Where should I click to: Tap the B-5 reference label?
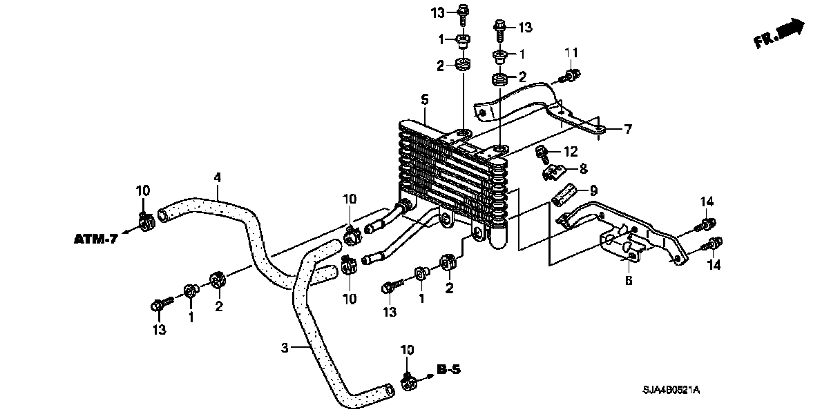click(x=448, y=371)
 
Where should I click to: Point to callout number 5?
click(x=425, y=100)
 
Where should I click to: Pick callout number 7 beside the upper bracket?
click(x=627, y=129)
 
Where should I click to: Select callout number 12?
click(x=570, y=151)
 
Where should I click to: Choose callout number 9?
click(x=592, y=190)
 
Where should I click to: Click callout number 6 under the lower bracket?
click(x=629, y=280)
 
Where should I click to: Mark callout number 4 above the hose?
click(x=217, y=177)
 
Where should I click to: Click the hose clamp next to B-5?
click(x=407, y=379)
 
